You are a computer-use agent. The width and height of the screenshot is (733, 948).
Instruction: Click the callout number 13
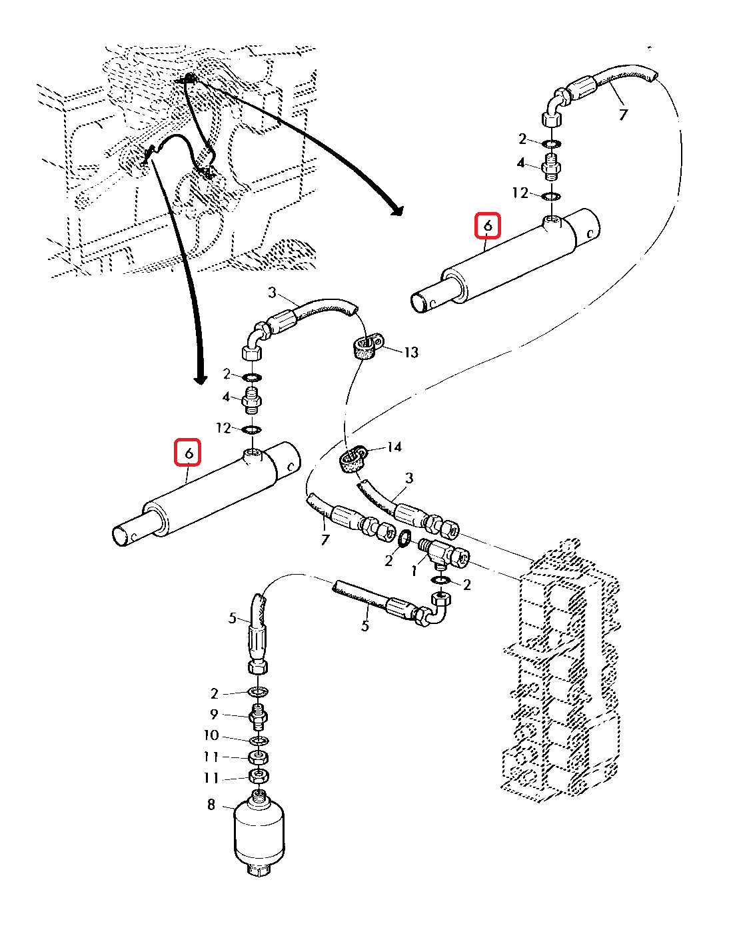[x=411, y=351]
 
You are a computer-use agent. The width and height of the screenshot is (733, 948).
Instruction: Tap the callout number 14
[x=394, y=447]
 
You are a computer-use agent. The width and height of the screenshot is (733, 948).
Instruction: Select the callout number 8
[x=211, y=805]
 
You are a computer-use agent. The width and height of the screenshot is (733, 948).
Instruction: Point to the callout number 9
[x=214, y=715]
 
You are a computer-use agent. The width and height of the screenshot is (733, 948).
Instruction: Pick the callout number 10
[x=211, y=735]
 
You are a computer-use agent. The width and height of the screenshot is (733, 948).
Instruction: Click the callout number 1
[x=414, y=571]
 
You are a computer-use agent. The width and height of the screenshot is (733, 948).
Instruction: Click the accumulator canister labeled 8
[x=259, y=833]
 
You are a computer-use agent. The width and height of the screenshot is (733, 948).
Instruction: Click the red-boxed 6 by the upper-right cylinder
[x=488, y=226]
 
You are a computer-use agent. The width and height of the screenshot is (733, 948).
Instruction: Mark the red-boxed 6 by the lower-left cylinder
[x=189, y=453]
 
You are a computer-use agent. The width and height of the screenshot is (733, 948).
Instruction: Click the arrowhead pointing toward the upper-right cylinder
[x=398, y=211]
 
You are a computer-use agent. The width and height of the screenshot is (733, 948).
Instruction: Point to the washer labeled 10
[x=259, y=741]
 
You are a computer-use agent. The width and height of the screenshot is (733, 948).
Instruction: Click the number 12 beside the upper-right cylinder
[x=520, y=193]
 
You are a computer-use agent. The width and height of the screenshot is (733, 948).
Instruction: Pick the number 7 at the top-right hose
[x=623, y=115]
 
